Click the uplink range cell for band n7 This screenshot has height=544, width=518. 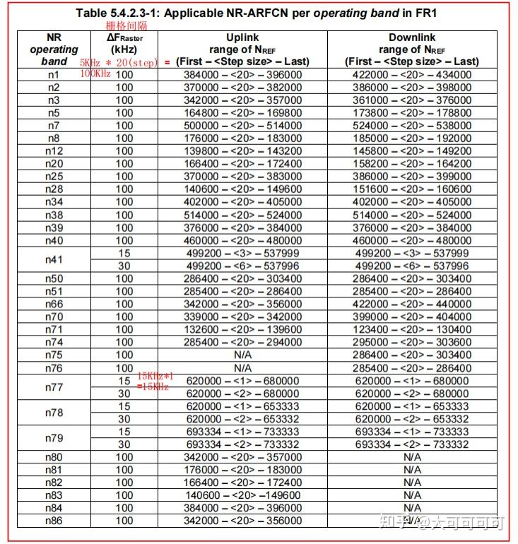point(242,126)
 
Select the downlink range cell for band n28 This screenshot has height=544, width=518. point(411,189)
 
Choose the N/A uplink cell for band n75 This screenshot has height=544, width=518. point(242,355)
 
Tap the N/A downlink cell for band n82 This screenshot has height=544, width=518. point(411,483)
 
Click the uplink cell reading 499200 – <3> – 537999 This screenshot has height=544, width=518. point(242,253)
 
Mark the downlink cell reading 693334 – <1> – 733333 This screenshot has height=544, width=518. point(411,432)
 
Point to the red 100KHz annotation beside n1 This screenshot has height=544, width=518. point(95,73)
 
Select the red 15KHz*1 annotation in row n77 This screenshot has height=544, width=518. point(155,377)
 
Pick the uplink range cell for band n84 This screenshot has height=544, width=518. point(242,508)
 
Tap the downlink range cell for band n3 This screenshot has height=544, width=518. point(411,100)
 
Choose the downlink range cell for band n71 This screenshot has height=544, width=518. point(411,329)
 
